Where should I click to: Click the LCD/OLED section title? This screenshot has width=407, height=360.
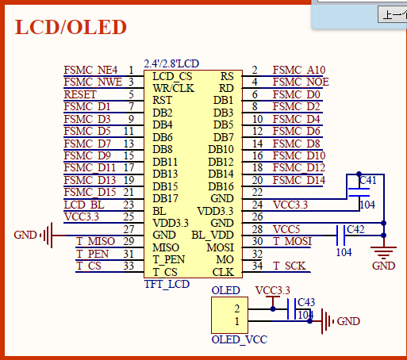[71, 27]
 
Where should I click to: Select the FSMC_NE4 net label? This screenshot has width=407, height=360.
[90, 70]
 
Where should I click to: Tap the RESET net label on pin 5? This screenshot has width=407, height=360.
[80, 94]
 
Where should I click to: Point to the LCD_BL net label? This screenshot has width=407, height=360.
[84, 205]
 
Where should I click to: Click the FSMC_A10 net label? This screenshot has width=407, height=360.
[299, 70]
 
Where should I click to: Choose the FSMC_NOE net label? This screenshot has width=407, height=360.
[301, 82]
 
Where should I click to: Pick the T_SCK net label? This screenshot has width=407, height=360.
[290, 266]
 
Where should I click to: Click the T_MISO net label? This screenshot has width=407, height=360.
[95, 241]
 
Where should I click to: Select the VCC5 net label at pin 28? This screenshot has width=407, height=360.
[286, 229]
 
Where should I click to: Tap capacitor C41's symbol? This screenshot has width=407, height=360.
[359, 193]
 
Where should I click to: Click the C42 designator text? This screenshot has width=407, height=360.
[355, 229]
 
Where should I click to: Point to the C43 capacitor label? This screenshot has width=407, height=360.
[306, 302]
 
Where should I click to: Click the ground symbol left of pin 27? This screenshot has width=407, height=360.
[47, 235]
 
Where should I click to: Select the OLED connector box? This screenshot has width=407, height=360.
[229, 315]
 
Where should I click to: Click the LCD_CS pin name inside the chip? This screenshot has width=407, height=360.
[172, 76]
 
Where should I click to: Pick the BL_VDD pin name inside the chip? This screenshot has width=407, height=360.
[213, 235]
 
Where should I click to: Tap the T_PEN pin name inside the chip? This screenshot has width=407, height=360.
[168, 259]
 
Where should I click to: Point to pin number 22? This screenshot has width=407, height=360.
[257, 192]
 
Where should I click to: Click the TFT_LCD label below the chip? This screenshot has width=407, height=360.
[167, 285]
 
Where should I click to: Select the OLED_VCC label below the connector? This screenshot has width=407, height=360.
[240, 339]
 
